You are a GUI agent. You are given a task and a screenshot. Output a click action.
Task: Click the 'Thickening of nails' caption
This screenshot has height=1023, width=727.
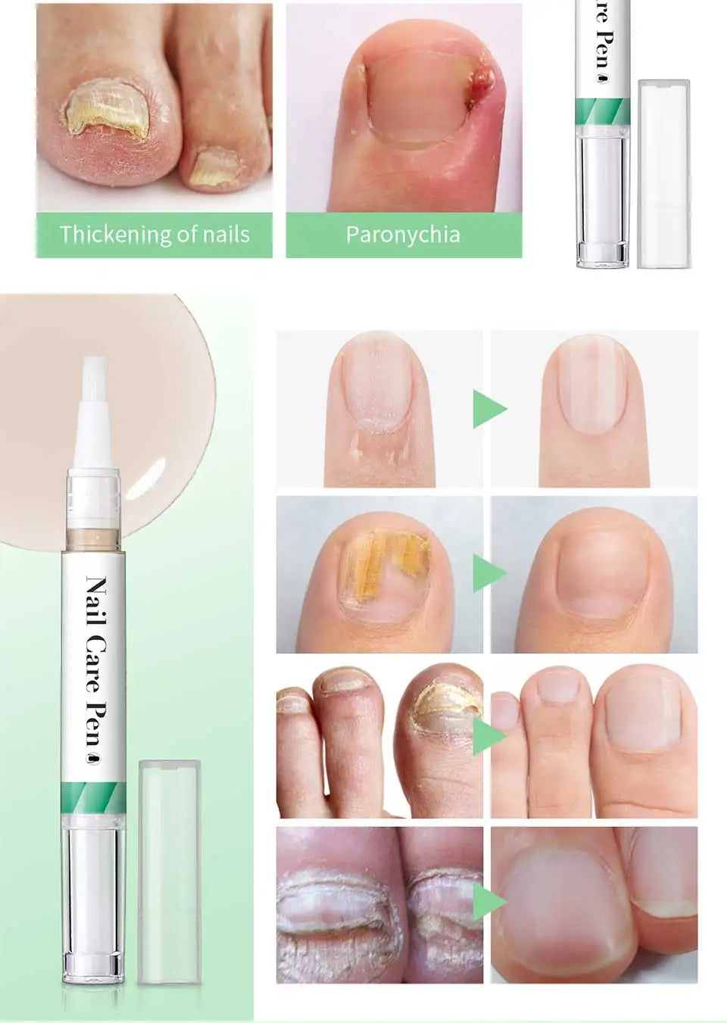154,235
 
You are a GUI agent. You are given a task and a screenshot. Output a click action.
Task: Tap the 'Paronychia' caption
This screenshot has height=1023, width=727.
403,235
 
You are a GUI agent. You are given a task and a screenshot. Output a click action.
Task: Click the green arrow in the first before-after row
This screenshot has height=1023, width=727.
488,409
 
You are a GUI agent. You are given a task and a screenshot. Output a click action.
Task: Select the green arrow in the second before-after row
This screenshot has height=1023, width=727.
488,572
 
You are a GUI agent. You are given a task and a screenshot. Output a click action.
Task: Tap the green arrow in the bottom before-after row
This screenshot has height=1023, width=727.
488,901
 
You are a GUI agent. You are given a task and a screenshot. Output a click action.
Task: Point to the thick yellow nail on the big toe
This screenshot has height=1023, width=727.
106,114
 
